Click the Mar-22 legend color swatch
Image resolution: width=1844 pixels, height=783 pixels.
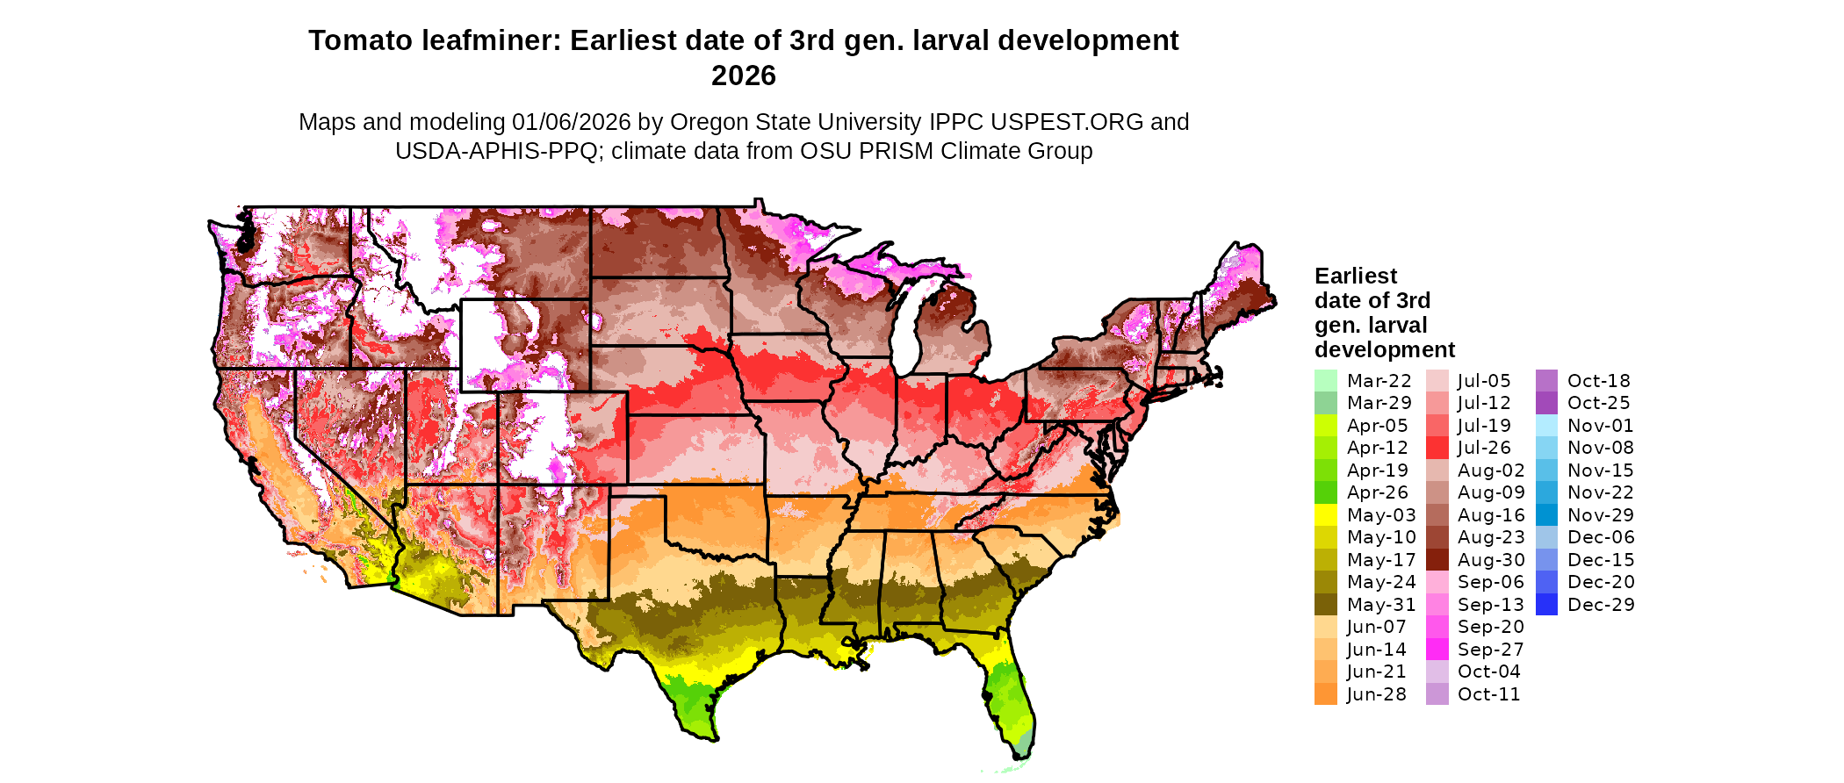(1325, 381)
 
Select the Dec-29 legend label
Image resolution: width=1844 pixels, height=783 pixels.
(1601, 605)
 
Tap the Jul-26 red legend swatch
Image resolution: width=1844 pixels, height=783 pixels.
(1437, 448)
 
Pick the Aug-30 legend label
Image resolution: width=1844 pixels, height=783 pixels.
(1491, 560)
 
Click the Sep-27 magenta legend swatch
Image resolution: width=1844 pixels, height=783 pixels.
(1437, 650)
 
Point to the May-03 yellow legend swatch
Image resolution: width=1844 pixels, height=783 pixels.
(1325, 515)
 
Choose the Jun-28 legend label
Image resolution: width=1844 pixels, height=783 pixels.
(1376, 694)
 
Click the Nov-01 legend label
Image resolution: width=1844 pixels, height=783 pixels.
(1601, 426)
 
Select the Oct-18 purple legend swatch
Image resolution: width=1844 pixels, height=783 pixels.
(1546, 381)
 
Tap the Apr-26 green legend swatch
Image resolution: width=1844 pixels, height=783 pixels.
(1325, 492)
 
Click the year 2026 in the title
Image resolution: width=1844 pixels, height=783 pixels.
(743, 76)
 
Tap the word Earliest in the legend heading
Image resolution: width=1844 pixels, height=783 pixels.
(1355, 277)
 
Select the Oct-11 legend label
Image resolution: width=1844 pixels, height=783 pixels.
(1487, 694)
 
